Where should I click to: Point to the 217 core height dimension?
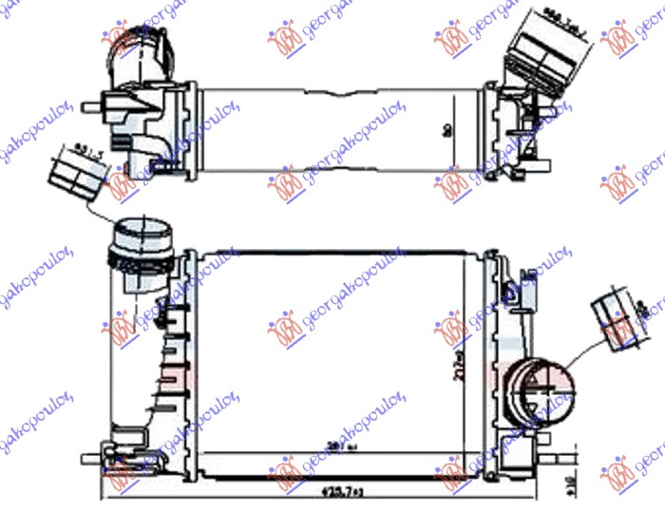coord(459,358)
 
